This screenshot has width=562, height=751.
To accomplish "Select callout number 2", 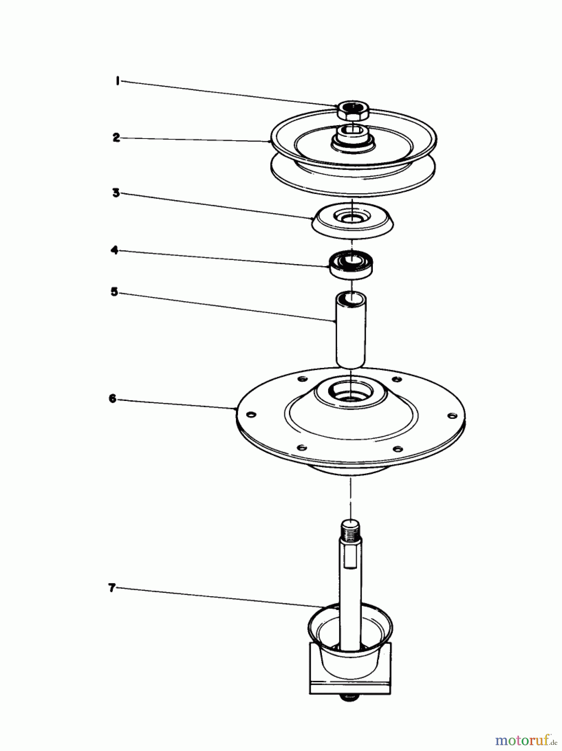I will click(116, 138).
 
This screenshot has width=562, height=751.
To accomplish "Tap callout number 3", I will click(116, 193).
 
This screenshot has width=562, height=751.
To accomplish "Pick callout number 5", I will click(114, 292).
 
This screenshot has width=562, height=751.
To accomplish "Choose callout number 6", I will click(112, 398).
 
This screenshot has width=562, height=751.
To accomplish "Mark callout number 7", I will click(111, 588).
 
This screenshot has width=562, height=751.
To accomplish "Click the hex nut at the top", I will click(352, 111).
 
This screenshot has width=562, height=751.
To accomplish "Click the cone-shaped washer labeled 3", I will click(353, 221).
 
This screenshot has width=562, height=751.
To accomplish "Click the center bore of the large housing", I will click(351, 394).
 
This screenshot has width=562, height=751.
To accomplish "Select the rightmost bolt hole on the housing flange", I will click(451, 416).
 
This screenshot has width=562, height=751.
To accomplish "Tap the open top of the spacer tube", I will click(351, 298).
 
